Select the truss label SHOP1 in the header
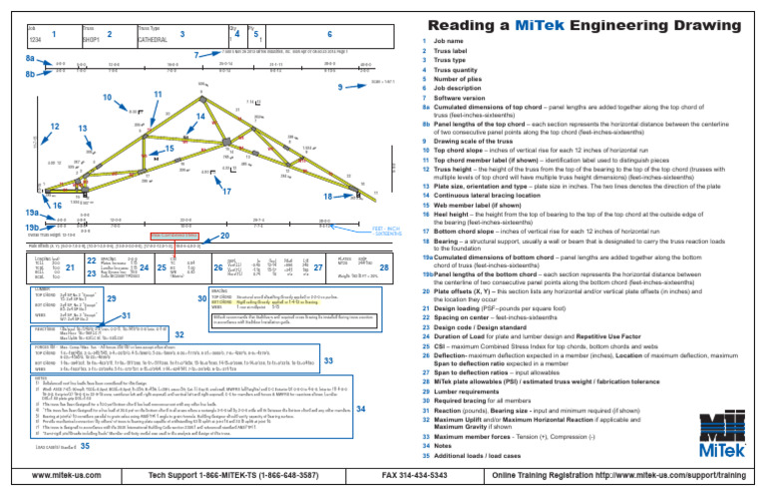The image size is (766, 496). point(92,41)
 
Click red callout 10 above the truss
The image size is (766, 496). point(107,98)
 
